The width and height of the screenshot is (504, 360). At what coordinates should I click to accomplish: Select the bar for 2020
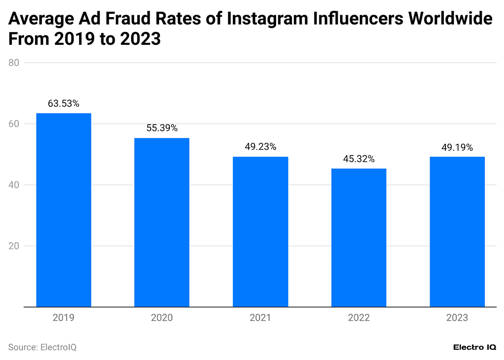coord(162,222)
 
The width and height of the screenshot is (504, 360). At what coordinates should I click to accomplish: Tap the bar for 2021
coord(260,231)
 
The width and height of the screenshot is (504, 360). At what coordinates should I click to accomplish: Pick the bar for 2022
coord(359,237)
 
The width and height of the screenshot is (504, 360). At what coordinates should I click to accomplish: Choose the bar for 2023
coord(457,231)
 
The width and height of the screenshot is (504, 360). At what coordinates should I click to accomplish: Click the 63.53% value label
coord(63,104)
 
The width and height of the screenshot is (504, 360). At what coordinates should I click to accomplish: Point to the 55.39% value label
coord(162,128)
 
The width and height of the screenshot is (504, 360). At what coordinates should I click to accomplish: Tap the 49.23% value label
coord(260,147)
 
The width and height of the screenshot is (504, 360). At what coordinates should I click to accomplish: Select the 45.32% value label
coord(359,159)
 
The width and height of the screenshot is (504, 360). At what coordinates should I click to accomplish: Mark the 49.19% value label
coord(457,147)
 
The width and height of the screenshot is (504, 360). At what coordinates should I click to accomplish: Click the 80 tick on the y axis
coord(14,63)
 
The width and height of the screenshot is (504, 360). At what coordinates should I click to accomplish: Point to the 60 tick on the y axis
coord(14,124)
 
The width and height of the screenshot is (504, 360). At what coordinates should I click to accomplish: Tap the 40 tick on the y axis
coord(14,185)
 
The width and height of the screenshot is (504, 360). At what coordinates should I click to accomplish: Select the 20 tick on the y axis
coord(14,246)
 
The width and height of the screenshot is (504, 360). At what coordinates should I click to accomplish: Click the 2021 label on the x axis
coord(260,318)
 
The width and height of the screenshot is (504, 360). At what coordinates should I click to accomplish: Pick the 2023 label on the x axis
coord(457,318)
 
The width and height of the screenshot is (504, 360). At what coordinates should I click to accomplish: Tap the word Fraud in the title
coord(146,20)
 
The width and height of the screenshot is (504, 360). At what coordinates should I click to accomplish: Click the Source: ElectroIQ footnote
coord(42,347)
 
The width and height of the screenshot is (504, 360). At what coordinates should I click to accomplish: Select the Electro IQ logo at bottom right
coord(474,347)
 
